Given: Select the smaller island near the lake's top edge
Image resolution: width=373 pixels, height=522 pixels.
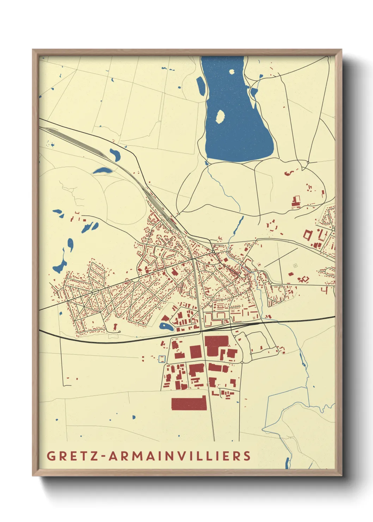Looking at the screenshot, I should [232, 72].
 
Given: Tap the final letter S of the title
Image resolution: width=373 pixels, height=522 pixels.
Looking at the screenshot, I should [247, 456].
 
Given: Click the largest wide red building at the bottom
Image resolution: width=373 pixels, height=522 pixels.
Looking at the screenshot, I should [189, 403].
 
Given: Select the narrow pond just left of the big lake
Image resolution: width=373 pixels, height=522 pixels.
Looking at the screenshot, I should [201, 86].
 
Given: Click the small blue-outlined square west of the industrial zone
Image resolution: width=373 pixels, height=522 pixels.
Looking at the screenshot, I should [162, 359].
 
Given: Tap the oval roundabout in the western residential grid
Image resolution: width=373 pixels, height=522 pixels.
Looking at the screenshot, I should [94, 292].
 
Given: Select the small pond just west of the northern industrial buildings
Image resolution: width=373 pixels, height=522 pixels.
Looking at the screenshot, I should [166, 327].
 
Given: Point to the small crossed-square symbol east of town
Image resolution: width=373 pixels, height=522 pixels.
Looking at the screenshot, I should [295, 266].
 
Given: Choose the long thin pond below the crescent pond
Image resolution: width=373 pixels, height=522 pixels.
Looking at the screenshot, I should [102, 171].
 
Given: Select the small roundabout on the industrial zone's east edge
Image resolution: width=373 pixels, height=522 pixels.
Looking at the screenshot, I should [242, 362].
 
